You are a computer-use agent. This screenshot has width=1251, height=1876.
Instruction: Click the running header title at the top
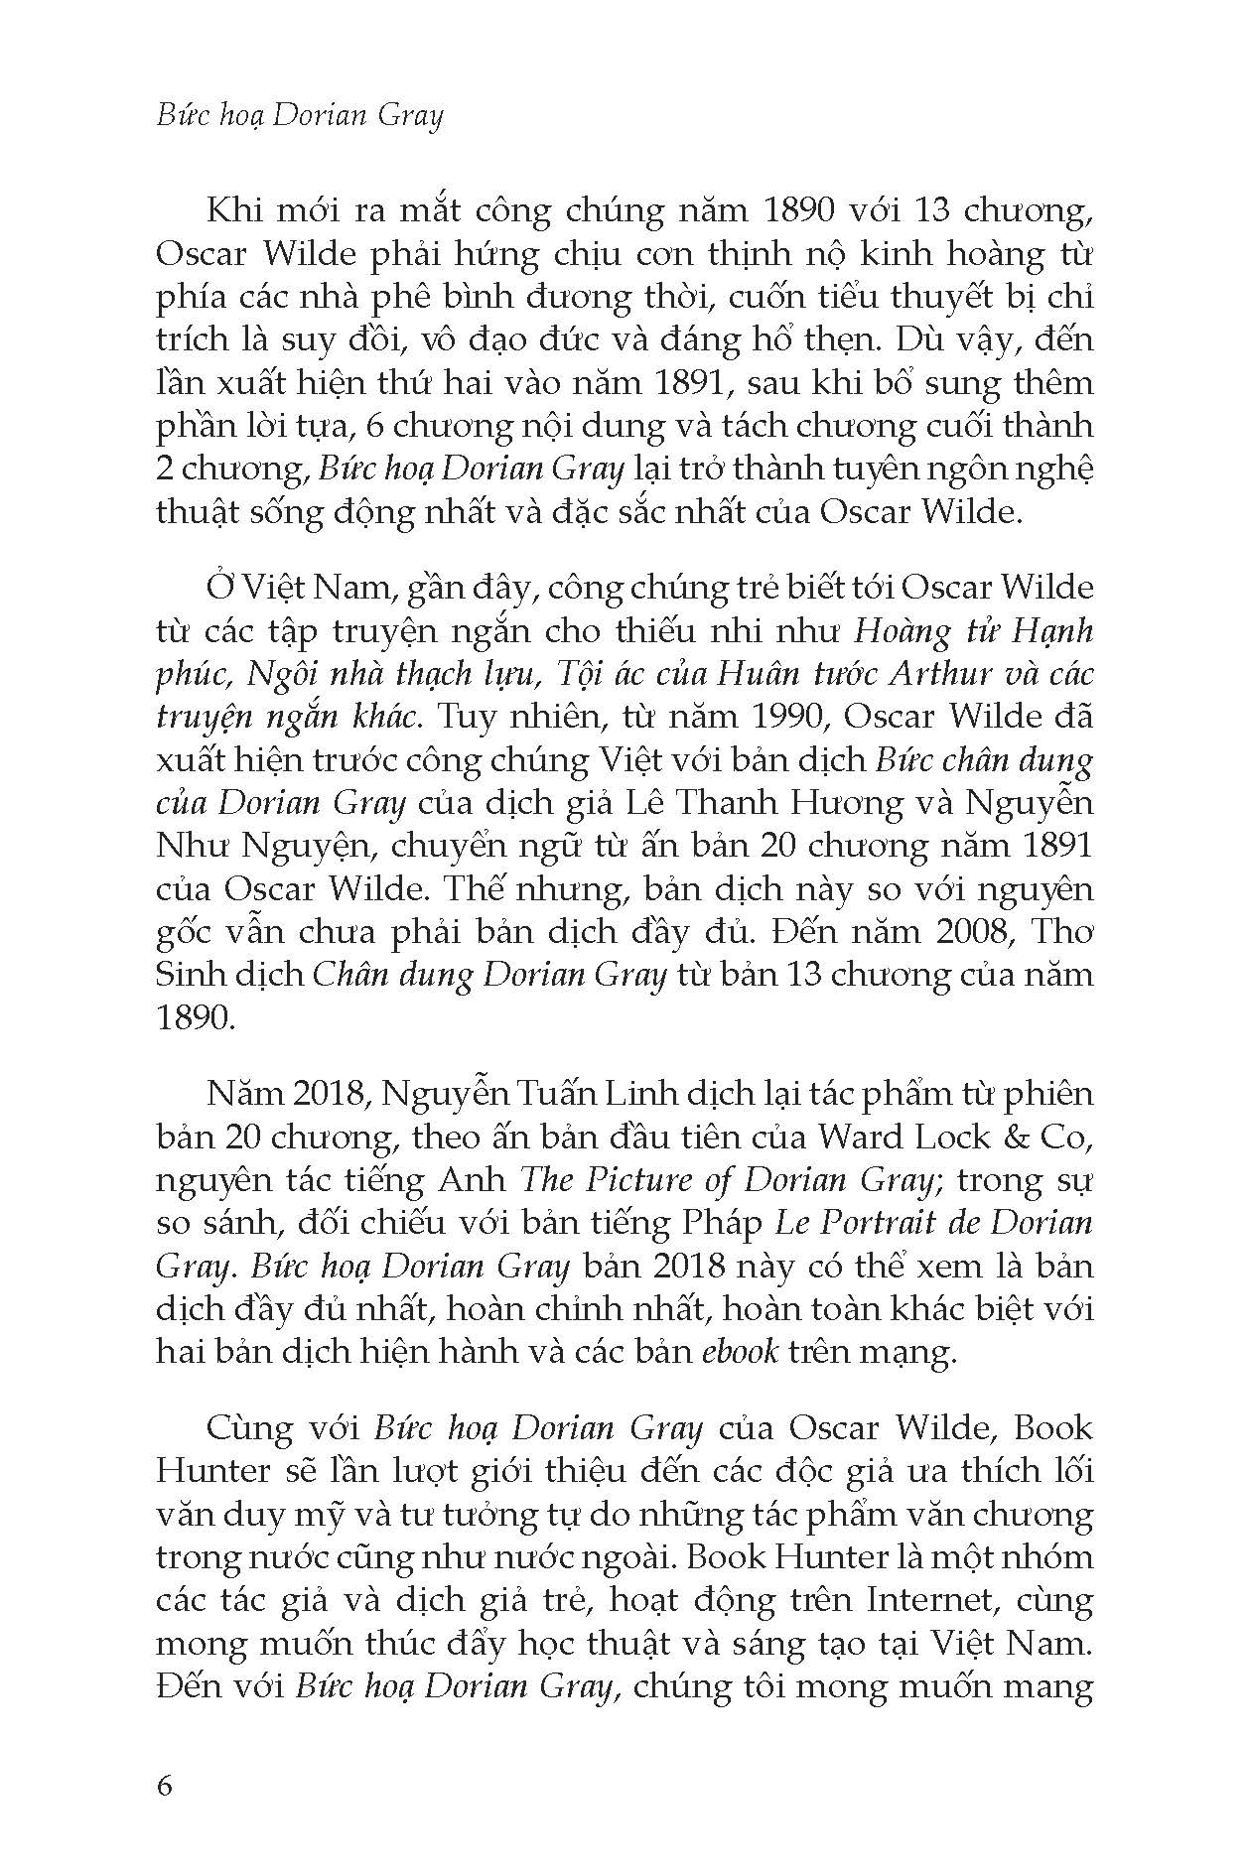pyautogui.click(x=300, y=116)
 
